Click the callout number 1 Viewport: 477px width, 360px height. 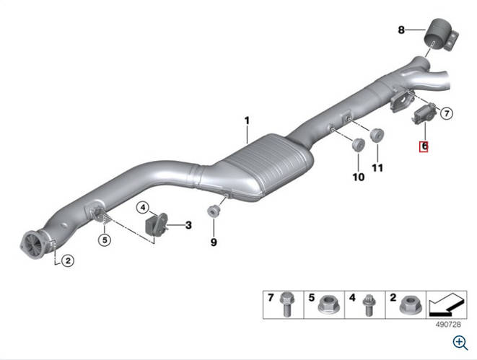(247, 120)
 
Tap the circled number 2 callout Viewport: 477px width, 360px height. (68, 260)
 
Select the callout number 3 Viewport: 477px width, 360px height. (188, 225)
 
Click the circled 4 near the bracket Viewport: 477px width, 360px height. (143, 208)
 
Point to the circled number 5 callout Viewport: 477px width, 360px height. (105, 240)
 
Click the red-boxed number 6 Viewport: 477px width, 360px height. (424, 146)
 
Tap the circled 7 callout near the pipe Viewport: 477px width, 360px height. (446, 114)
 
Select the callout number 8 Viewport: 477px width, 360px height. (401, 30)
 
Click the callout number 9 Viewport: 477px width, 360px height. (214, 242)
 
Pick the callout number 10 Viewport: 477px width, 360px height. (359, 177)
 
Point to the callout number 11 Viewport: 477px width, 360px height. (377, 168)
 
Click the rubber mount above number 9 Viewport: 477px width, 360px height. (214, 211)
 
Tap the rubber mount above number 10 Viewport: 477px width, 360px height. (358, 144)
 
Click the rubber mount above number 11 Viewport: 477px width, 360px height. (377, 135)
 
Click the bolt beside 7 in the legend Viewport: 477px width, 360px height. (286, 304)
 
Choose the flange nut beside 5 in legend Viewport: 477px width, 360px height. (327, 305)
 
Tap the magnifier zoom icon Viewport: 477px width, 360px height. (460, 343)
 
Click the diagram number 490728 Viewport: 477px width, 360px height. (448, 325)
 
